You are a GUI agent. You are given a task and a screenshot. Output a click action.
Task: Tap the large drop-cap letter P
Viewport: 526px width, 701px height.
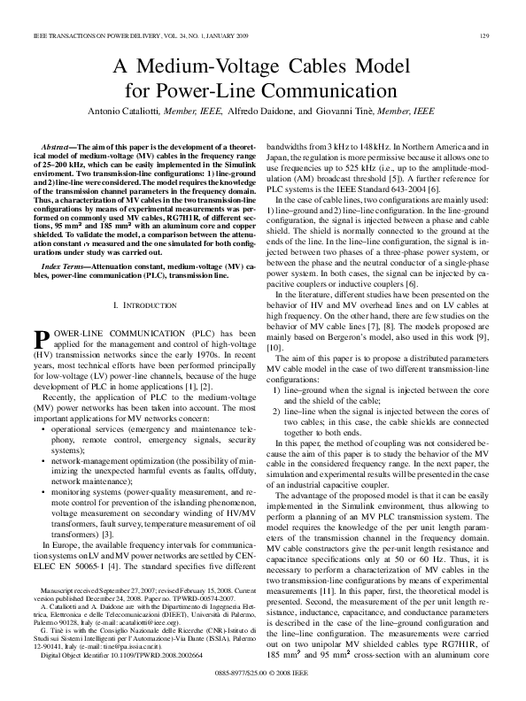pyautogui.click(x=40, y=314)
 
